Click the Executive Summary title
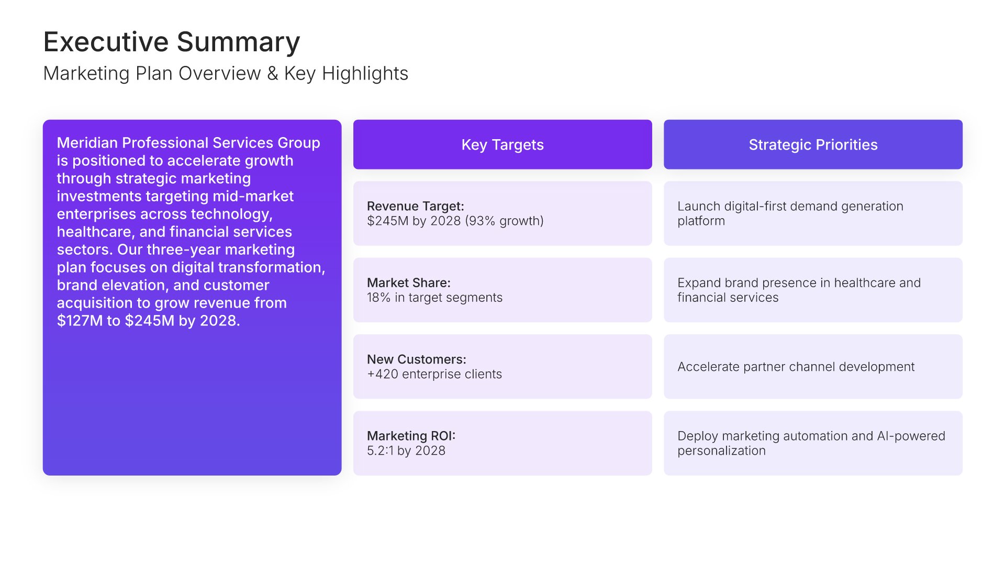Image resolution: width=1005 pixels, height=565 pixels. (172, 42)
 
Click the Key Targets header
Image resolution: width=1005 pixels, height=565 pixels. (502, 144)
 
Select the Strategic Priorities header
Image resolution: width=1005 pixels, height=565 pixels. (813, 144)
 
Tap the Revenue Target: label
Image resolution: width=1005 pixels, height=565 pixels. (416, 206)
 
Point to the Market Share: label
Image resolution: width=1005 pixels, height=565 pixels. (409, 282)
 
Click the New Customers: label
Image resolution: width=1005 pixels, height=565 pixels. (417, 359)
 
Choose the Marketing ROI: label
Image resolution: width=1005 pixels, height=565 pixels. (411, 436)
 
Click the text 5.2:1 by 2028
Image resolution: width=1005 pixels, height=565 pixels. (406, 450)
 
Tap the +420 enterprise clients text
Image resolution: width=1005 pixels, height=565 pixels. (434, 374)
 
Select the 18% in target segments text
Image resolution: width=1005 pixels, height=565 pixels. (434, 297)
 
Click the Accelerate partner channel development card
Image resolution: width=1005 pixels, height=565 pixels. (813, 367)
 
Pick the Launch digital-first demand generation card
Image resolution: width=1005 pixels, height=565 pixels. (813, 213)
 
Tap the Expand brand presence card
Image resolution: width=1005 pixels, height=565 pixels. (813, 290)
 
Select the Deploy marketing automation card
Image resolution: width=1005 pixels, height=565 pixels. (813, 443)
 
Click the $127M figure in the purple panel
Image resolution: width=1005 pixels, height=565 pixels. (80, 321)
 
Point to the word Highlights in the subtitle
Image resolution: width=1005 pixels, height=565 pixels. (365, 74)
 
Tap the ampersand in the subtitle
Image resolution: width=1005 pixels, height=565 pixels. (272, 74)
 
